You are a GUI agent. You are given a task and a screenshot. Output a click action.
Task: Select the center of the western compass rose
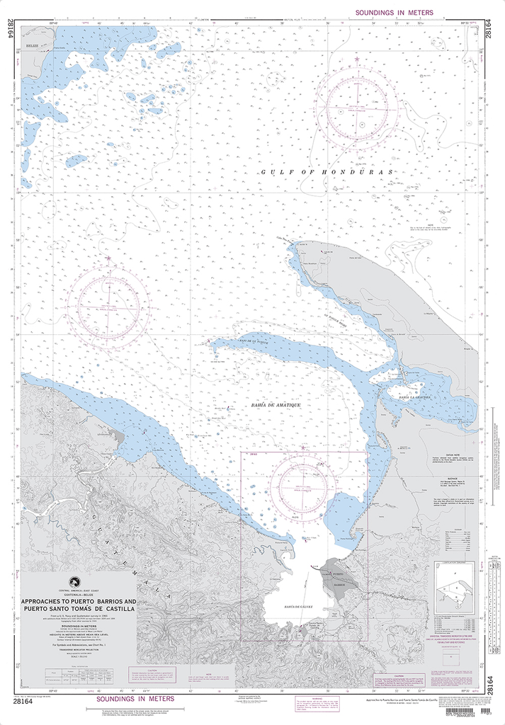pos(109,309)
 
